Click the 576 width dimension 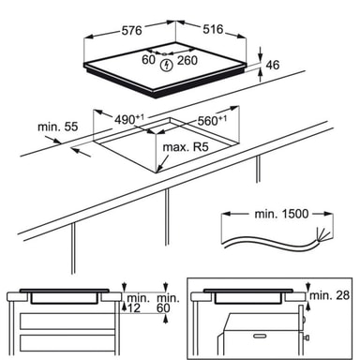point(131,31)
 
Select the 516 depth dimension point(213,29)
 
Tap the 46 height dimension point(273,65)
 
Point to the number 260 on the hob point(187,60)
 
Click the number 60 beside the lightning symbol point(148,59)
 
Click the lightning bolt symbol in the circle point(167,66)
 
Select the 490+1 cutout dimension point(129,119)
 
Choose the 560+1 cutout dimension point(212,120)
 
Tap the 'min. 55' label point(57,127)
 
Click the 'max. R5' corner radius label point(186,146)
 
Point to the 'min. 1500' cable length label point(281,214)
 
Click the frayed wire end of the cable point(322,234)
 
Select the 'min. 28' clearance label point(330,294)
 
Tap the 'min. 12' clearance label point(136,303)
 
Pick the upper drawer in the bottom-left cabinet point(67,322)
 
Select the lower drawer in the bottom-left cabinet point(67,343)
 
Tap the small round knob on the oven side point(307,337)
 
